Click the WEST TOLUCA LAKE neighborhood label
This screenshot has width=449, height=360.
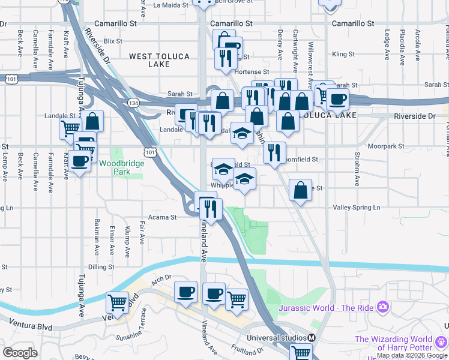point(159,60)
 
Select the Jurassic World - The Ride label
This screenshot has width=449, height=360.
point(326,308)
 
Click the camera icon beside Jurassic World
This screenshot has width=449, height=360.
point(382,308)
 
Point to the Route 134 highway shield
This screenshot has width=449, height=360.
point(131,103)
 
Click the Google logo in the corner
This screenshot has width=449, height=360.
point(20,353)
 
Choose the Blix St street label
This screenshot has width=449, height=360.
point(113,41)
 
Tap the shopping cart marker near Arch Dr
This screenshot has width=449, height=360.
point(117,302)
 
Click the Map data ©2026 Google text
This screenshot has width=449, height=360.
point(412,356)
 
